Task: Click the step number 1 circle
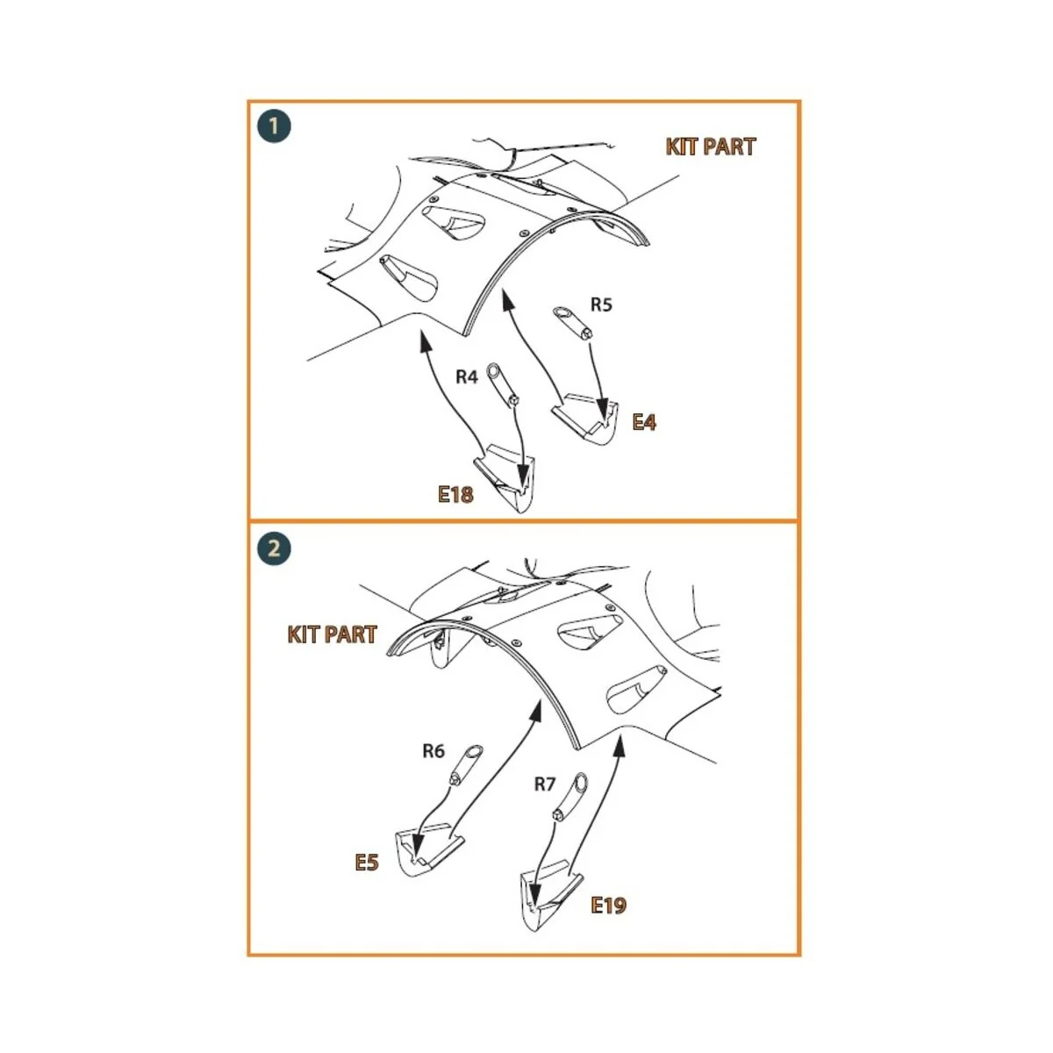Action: coord(274,126)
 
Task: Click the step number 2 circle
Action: coord(274,548)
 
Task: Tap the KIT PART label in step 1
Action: coord(711,147)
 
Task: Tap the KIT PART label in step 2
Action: coord(333,634)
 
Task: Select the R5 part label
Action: coord(601,304)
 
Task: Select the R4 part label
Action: coord(467,377)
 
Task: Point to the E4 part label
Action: coord(644,422)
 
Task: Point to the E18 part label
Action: coord(455,495)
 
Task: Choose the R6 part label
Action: coord(433,751)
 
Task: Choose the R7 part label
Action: coord(544,784)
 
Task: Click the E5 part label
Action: coord(367,863)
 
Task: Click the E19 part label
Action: coord(608,906)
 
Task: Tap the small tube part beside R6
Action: coord(466,764)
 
